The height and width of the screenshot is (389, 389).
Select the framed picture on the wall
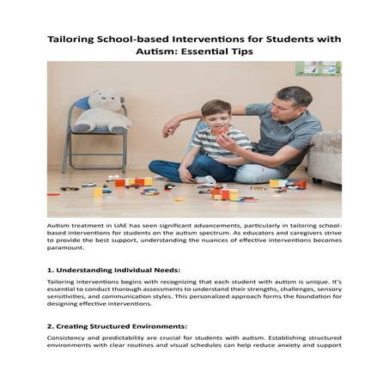tap(318, 69)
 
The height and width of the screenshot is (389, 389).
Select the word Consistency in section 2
tap(69, 338)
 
